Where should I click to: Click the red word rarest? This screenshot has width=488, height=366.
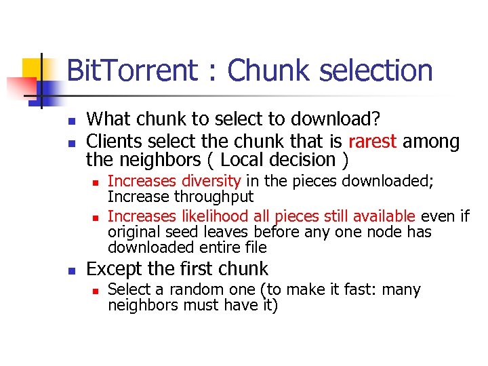point(373,142)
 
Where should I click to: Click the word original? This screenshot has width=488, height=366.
point(134,232)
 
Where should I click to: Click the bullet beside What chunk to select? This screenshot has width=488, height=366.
point(70,120)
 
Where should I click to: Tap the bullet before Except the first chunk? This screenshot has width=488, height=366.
point(70,269)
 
